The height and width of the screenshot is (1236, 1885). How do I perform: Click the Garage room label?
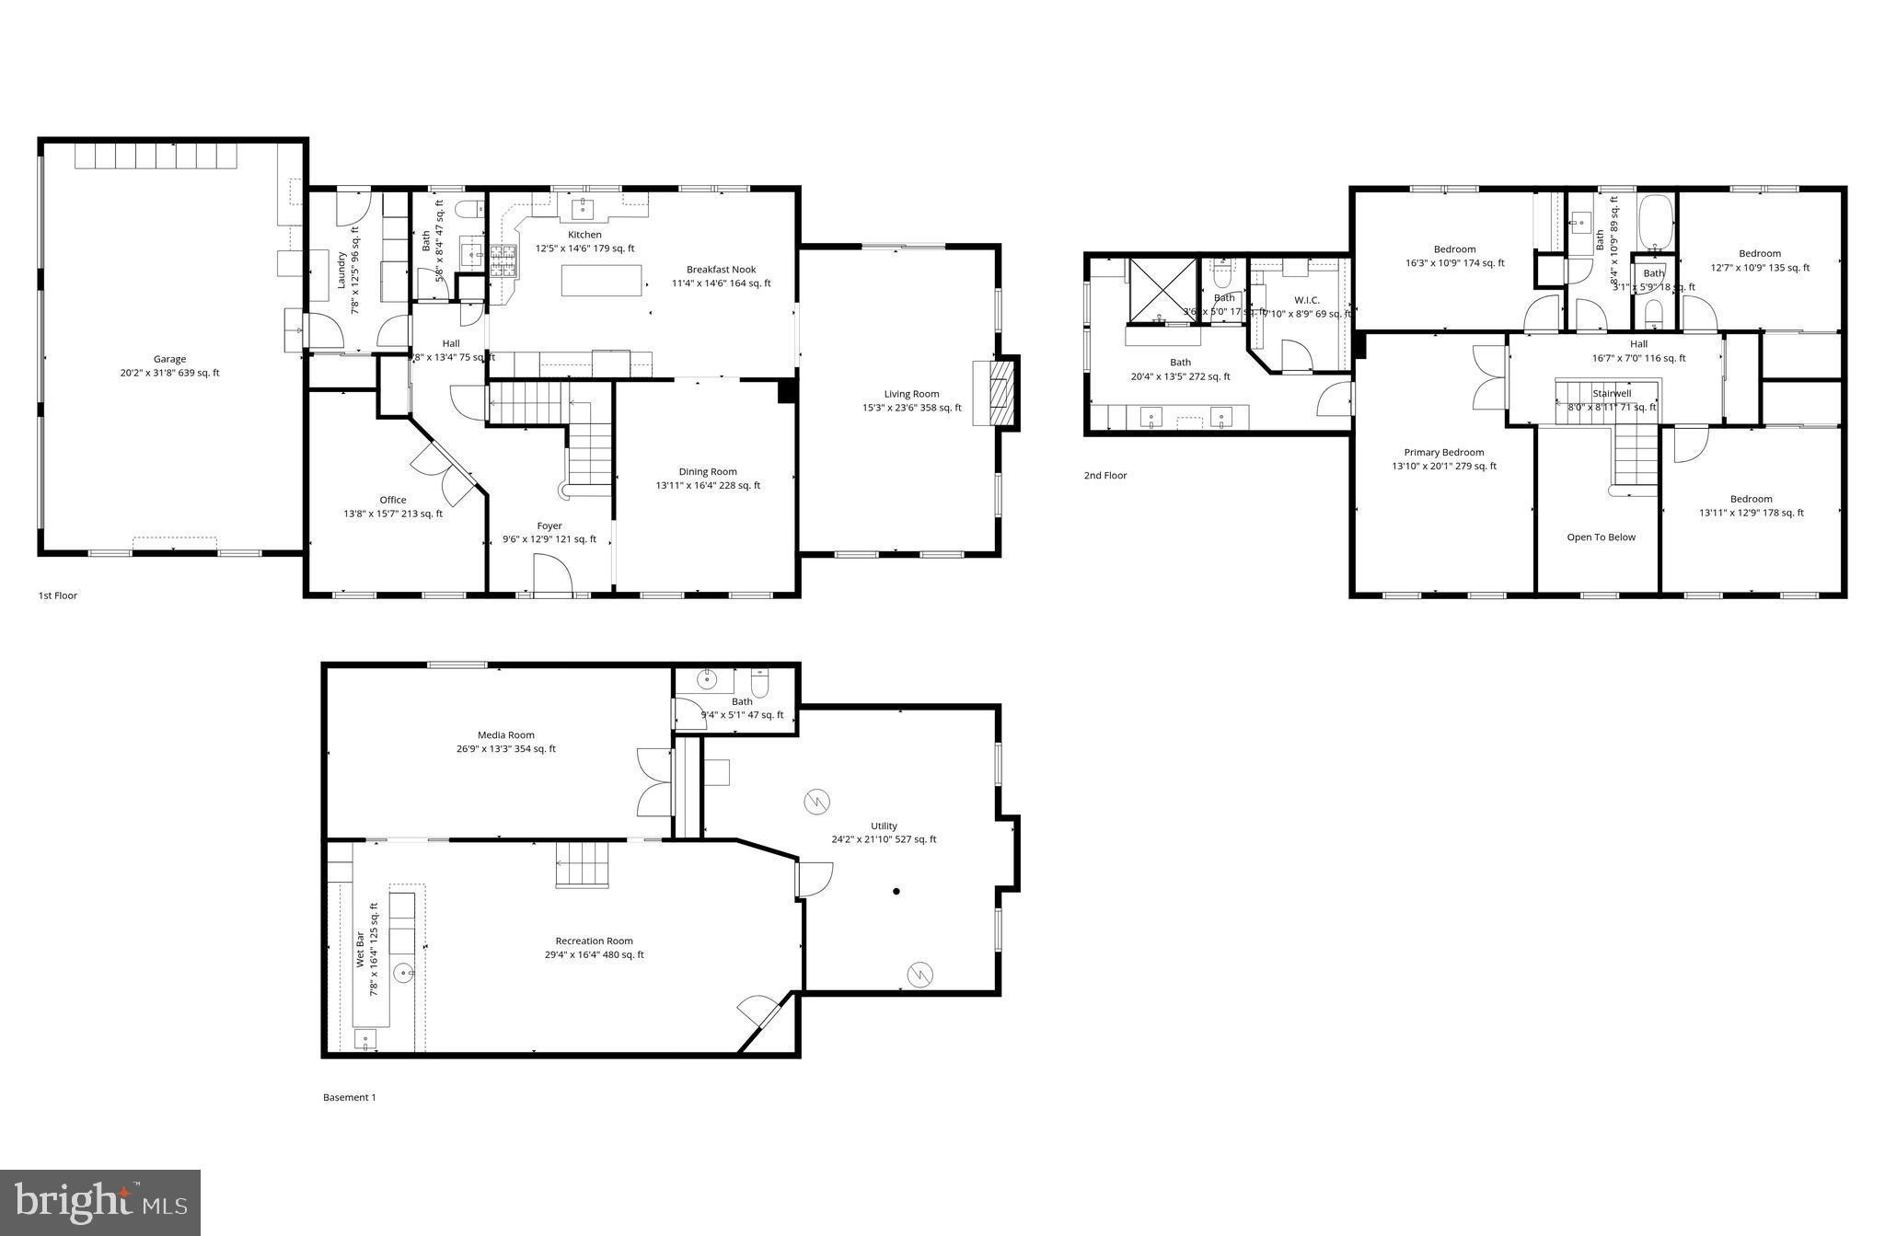(169, 359)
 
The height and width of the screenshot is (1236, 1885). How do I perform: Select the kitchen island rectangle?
(601, 280)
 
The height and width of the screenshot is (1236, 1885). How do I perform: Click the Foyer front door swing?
(552, 574)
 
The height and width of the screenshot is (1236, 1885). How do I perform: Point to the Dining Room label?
(708, 471)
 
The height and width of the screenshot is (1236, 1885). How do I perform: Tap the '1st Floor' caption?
(58, 595)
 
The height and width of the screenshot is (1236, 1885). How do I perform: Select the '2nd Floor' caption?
(1104, 476)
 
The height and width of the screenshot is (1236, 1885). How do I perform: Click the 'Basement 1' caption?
(349, 1097)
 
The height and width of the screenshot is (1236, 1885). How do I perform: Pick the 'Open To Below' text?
(1601, 537)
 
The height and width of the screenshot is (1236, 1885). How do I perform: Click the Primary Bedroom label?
(1443, 452)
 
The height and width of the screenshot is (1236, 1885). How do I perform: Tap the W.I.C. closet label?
(1306, 300)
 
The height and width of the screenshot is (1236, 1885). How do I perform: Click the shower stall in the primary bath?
(1162, 290)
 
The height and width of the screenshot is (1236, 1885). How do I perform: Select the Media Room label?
(505, 734)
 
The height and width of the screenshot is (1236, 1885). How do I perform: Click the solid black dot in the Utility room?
(896, 891)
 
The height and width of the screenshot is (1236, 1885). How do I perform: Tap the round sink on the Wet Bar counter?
(403, 972)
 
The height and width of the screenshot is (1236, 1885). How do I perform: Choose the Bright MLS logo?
(100, 1202)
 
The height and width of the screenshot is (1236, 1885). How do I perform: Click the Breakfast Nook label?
(721, 270)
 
